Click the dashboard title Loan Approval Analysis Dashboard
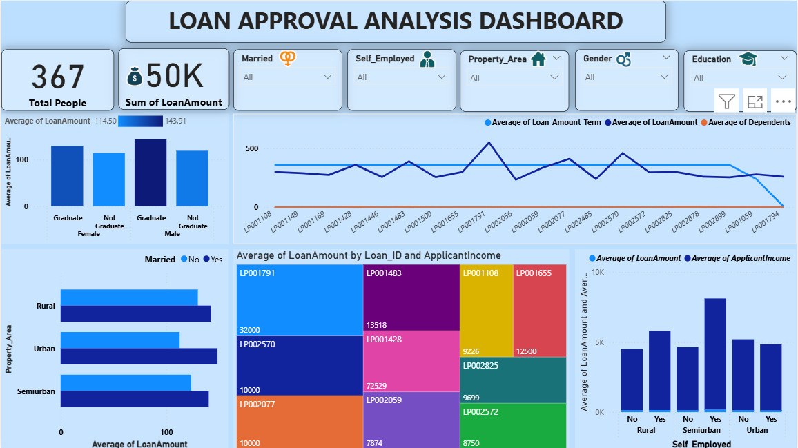(x=396, y=21)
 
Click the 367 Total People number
(x=58, y=77)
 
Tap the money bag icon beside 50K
(x=135, y=76)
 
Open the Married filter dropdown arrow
(x=328, y=77)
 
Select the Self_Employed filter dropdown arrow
(x=442, y=77)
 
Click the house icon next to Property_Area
(x=538, y=59)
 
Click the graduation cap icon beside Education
(x=748, y=59)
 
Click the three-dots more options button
(x=782, y=101)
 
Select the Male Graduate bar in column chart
(x=150, y=173)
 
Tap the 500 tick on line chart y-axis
(x=251, y=148)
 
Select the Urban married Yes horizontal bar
(x=139, y=356)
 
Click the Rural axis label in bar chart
(x=46, y=306)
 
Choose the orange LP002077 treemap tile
(x=299, y=421)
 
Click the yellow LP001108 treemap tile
(x=486, y=311)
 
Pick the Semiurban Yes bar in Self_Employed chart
(x=714, y=355)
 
